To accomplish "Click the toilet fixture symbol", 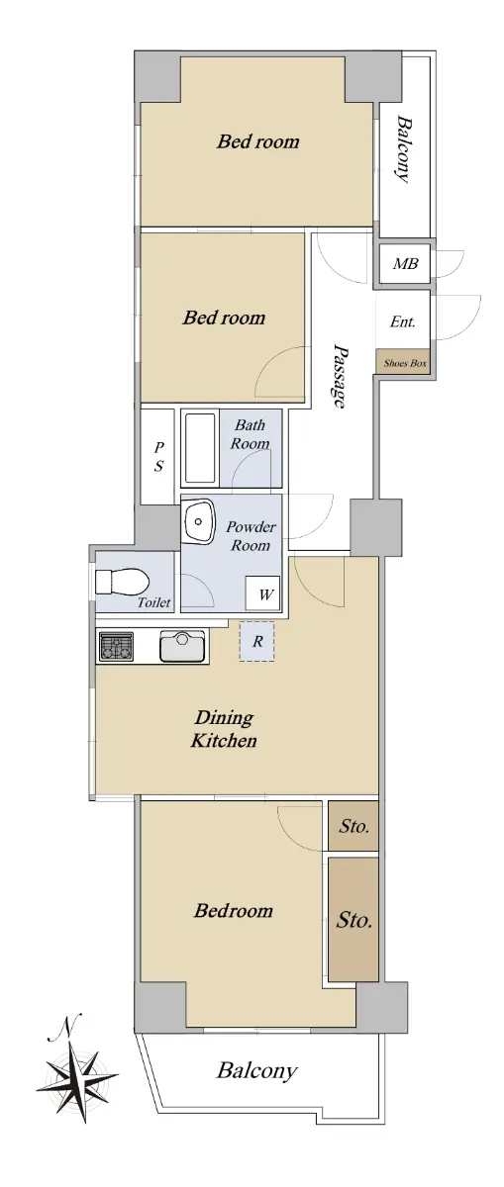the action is tap(121, 582).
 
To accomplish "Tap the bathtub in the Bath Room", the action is tap(200, 448).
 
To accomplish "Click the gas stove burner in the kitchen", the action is tap(116, 647).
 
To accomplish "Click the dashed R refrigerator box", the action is tap(256, 641).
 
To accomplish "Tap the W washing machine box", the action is tap(262, 593).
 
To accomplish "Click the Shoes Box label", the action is tap(405, 363).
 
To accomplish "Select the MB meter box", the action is tap(406, 263).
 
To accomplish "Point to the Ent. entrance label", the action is tap(403, 321).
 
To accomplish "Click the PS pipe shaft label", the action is tap(158, 457).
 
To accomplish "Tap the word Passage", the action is tap(339, 375).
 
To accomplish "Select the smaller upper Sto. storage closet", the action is tap(353, 826).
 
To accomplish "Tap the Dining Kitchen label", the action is tap(224, 729).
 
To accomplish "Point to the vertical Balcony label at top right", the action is tap(404, 149).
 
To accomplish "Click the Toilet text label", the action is tap(153, 602).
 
